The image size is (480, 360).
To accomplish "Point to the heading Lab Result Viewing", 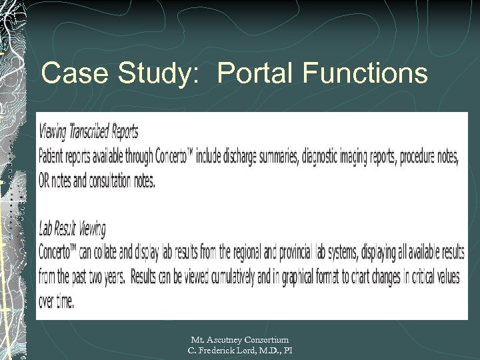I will (x=72, y=229).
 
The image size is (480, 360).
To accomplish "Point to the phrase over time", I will (x=56, y=301).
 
